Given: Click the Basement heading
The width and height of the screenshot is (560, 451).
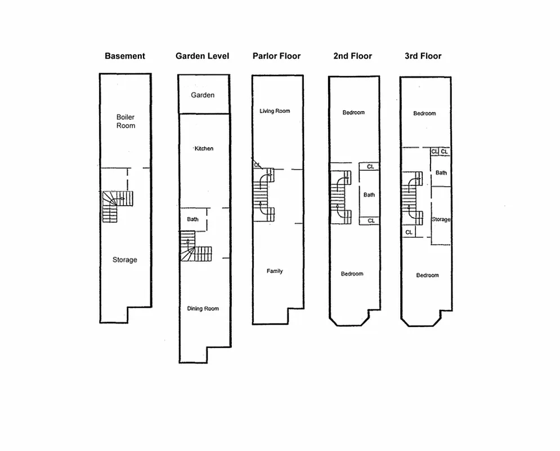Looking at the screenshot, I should point(125,56).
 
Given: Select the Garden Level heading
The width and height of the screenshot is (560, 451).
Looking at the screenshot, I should point(202,56).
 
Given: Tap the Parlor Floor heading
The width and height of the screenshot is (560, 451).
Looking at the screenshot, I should point(276,56).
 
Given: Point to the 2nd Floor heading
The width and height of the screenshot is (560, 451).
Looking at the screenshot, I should point(353,56).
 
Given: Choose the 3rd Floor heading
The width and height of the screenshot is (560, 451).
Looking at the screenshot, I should point(423,56).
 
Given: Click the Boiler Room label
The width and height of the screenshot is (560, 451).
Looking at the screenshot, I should point(126,121).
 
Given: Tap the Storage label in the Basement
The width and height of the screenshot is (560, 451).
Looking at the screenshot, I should point(124,260).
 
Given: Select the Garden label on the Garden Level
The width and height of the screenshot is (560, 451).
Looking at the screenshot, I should point(203,95).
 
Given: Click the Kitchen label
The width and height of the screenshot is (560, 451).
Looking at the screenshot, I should point(204,148).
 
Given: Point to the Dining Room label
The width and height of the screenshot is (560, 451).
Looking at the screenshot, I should point(203,308).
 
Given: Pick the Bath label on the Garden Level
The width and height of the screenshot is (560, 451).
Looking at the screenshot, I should point(192,219).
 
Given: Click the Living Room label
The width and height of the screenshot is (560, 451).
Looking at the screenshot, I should point(275,111).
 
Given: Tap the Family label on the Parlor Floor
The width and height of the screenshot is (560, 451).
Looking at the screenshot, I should point(275,271).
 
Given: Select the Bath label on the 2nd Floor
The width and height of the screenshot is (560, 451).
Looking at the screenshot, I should point(369,195).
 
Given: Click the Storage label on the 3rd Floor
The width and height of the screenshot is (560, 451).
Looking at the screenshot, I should point(441,219).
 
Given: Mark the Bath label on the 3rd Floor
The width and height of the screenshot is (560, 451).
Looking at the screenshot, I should point(441,173).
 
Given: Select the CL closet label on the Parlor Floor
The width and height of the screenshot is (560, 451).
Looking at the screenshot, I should point(258,165).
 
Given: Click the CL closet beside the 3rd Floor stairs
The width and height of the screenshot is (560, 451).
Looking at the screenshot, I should point(409,232).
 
